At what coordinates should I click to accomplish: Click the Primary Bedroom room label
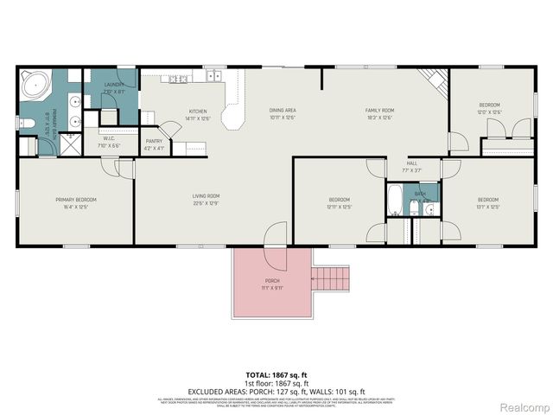[75, 200]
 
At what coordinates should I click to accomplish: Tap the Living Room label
[206, 196]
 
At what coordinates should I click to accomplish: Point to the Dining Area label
[283, 112]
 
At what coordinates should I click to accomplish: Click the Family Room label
[379, 112]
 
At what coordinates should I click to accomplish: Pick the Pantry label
[154, 141]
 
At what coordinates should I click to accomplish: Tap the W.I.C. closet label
[109, 138]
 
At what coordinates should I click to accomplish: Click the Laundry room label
[115, 85]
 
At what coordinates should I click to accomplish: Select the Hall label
[413, 163]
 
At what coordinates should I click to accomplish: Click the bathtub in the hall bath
[394, 201]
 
